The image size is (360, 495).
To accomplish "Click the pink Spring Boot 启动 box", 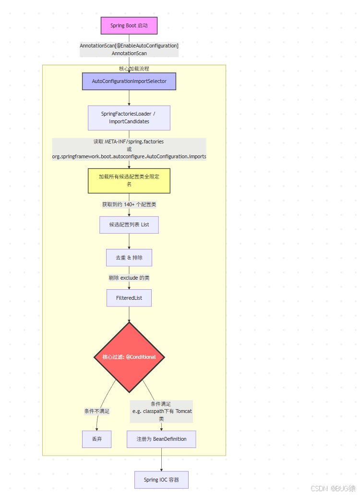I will click(x=129, y=25).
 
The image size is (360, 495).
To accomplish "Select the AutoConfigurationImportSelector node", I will click(x=129, y=81).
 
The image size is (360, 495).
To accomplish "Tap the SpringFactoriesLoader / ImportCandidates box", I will click(x=129, y=118).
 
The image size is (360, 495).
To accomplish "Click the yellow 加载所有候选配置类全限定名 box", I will click(x=129, y=180).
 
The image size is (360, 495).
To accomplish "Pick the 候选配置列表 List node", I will click(x=129, y=224).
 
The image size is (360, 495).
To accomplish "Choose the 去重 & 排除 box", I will click(x=129, y=258).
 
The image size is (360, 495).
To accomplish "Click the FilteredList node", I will click(x=129, y=298).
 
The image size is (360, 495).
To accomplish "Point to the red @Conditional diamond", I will click(x=129, y=357).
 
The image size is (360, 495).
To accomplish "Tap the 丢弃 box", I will click(x=96, y=439).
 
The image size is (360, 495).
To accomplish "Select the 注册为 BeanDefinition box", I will click(x=161, y=439).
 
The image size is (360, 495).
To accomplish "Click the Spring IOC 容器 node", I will click(x=161, y=480).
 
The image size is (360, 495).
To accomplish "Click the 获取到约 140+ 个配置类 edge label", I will click(x=129, y=204).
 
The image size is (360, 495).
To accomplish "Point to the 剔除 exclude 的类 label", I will click(x=129, y=278).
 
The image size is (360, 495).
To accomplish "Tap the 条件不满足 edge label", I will click(x=97, y=411).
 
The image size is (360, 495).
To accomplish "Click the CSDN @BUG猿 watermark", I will click(x=333, y=488).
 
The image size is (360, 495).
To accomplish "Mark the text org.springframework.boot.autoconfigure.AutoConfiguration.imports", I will click(x=129, y=157).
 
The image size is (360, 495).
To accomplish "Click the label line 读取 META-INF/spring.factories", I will click(x=129, y=142).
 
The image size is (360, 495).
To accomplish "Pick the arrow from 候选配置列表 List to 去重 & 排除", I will click(x=129, y=241).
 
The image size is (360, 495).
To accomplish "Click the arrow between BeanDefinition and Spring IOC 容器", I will click(x=161, y=460).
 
